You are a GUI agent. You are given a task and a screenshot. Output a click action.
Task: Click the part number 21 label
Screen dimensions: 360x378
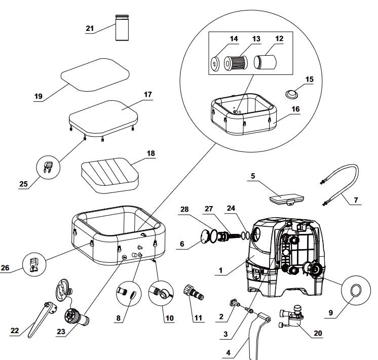90,28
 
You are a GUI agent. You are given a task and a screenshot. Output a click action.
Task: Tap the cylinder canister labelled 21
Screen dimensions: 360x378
121,28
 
